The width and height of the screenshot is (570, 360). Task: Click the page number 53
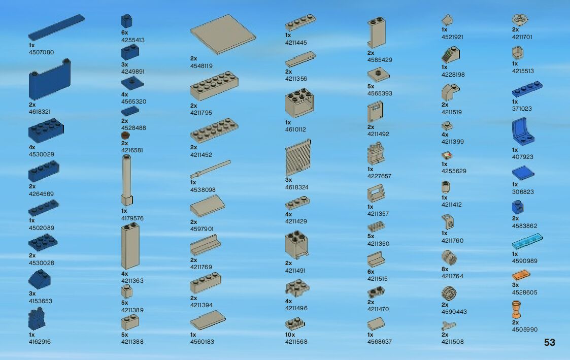tap(549, 343)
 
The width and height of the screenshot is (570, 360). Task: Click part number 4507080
tap(41, 52)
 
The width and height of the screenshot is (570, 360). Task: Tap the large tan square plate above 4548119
tap(223, 34)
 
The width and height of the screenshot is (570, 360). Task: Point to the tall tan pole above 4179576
tap(126, 181)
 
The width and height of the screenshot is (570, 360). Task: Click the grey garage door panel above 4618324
tap(298, 158)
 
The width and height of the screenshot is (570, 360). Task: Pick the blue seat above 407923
tap(524, 132)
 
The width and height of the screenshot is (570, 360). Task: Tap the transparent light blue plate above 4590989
tap(527, 241)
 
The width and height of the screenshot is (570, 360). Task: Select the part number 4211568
tap(296, 342)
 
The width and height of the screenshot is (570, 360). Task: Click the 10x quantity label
tap(290, 335)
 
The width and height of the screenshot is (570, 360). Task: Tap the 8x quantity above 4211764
tap(445, 270)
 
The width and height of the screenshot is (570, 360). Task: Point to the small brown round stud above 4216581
tap(125, 136)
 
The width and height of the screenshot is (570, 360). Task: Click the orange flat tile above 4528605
tap(521, 276)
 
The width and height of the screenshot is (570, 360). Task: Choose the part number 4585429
tap(380, 60)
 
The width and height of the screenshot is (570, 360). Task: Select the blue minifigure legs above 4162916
tap(37, 320)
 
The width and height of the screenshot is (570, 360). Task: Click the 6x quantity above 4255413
tap(124, 32)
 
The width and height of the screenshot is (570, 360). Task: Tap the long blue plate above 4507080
tap(56, 27)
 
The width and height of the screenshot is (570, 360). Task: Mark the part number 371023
tap(522, 109)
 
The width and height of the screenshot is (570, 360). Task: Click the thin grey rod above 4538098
tap(211, 170)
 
